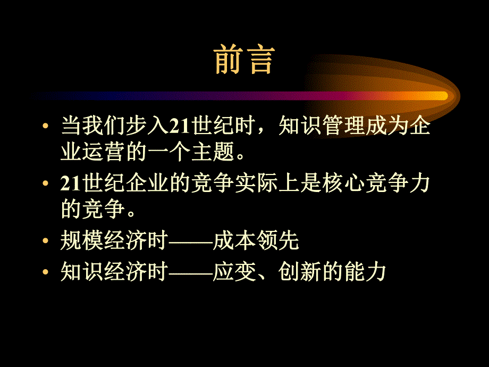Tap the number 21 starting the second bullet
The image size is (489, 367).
[x=70, y=183]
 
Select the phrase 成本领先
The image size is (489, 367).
[x=256, y=241]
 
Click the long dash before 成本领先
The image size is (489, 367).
[x=190, y=243]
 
